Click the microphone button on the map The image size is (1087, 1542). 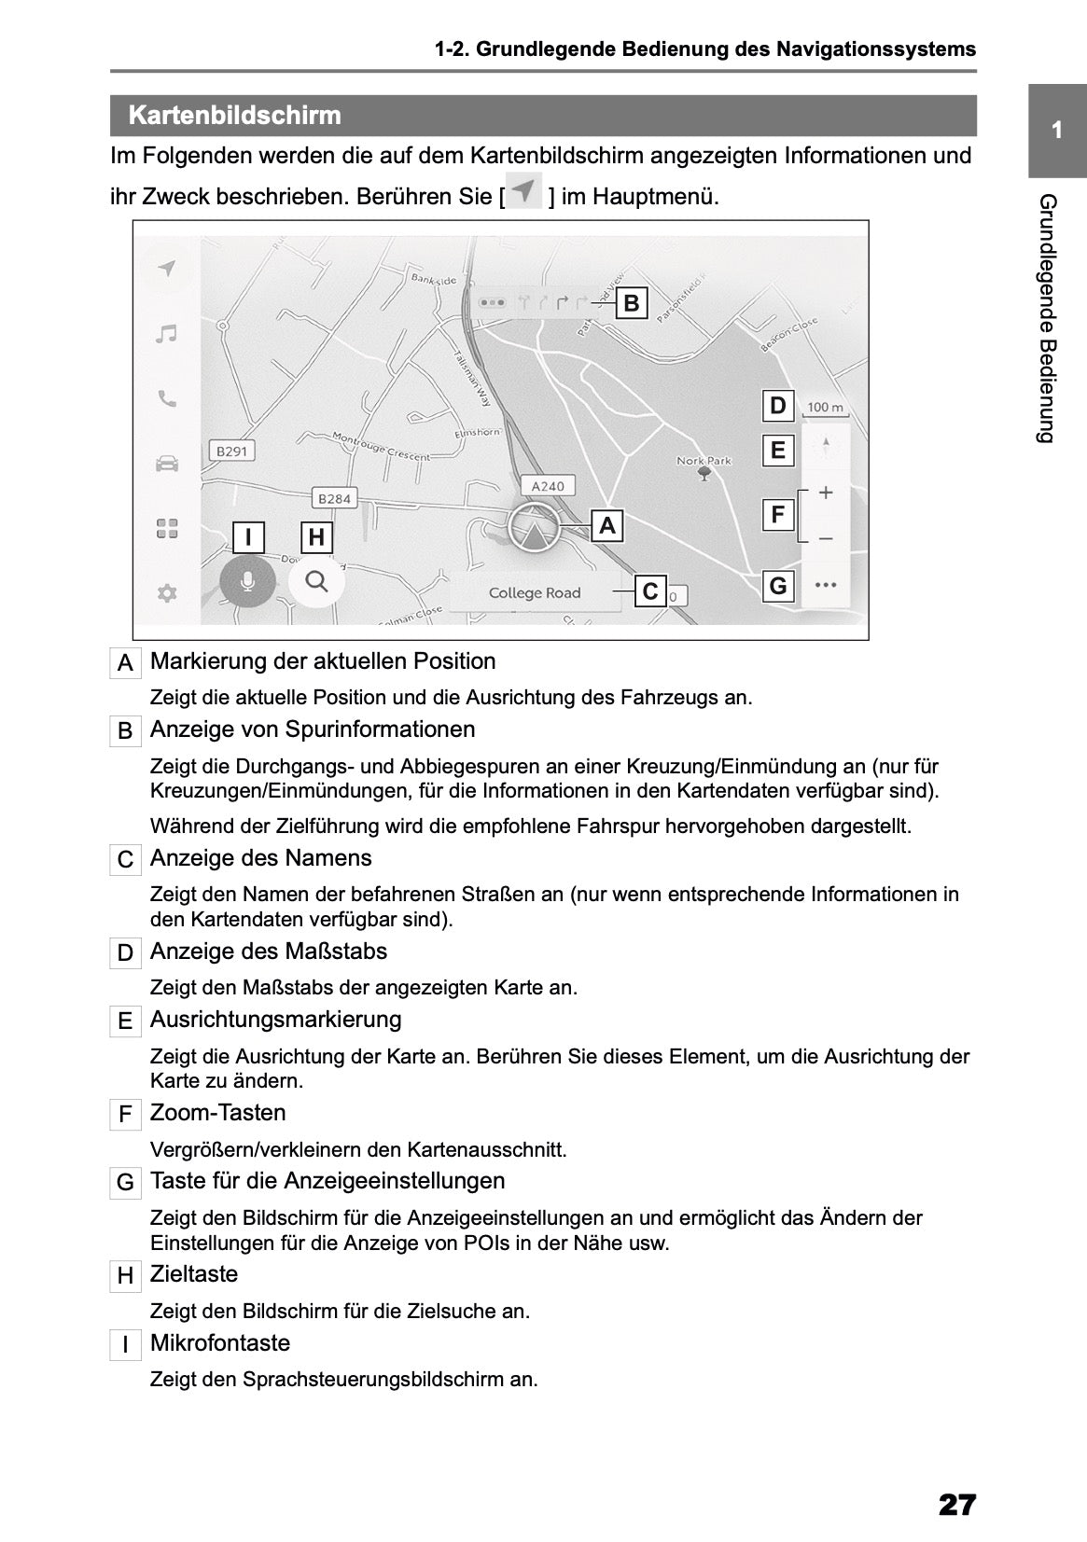247,582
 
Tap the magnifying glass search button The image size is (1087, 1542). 316,582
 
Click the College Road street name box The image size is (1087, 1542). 534,593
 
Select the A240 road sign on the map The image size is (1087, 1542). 548,486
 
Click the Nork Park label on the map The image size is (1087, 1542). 704,461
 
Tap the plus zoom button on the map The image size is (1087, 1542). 825,493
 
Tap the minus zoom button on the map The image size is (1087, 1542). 825,539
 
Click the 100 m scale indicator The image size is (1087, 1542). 825,408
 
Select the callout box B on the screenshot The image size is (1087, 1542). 632,303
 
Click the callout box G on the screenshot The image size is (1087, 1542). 778,587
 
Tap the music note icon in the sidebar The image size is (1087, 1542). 167,334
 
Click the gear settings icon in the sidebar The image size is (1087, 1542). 167,593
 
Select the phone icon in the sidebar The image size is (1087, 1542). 167,399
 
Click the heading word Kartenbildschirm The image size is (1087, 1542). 234,116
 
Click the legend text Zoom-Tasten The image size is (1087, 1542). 217,1113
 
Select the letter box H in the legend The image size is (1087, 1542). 125,1276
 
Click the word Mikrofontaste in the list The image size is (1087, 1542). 220,1343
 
